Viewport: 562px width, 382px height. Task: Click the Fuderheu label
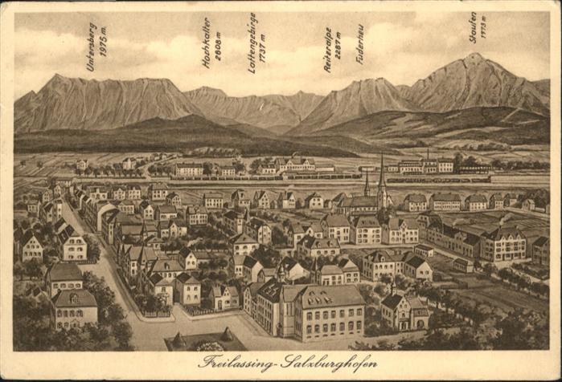coord(360,44)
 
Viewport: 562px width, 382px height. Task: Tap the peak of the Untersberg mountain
coord(56,76)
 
